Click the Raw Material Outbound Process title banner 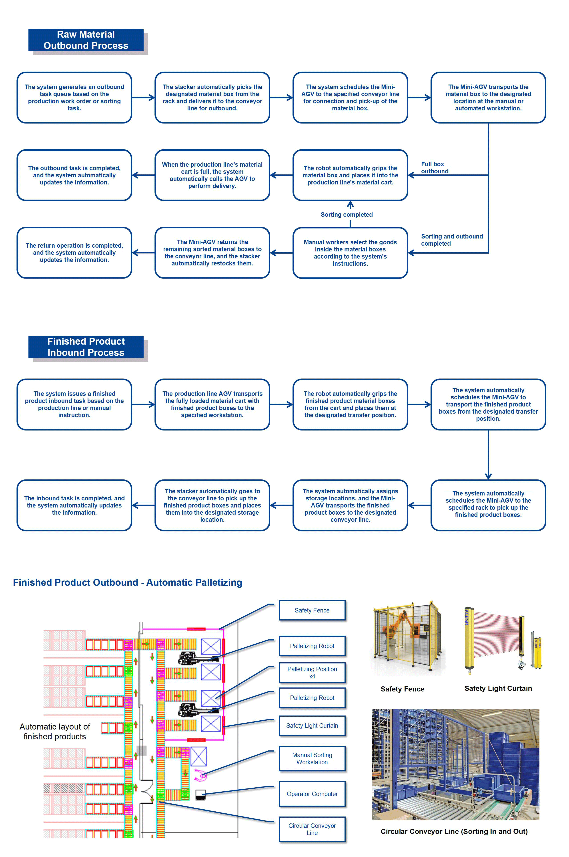pyautogui.click(x=86, y=40)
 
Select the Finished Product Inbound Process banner pyautogui.click(x=86, y=347)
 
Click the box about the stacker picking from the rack pyautogui.click(x=212, y=97)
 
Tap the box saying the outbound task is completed pyautogui.click(x=74, y=175)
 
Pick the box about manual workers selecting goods pyautogui.click(x=350, y=253)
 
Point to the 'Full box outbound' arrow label pyautogui.click(x=435, y=167)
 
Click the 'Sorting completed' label pyautogui.click(x=347, y=215)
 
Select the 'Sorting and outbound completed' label pyautogui.click(x=452, y=240)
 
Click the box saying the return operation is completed pyautogui.click(x=74, y=253)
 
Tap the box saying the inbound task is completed pyautogui.click(x=74, y=505)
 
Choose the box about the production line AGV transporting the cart pyautogui.click(x=212, y=404)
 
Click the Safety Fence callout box pyautogui.click(x=312, y=610)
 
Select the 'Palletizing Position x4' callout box pyautogui.click(x=312, y=673)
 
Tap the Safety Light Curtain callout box pyautogui.click(x=312, y=726)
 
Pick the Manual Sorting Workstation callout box pyautogui.click(x=312, y=758)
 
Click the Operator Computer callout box pyautogui.click(x=312, y=794)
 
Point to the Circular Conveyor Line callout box pyautogui.click(x=312, y=829)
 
